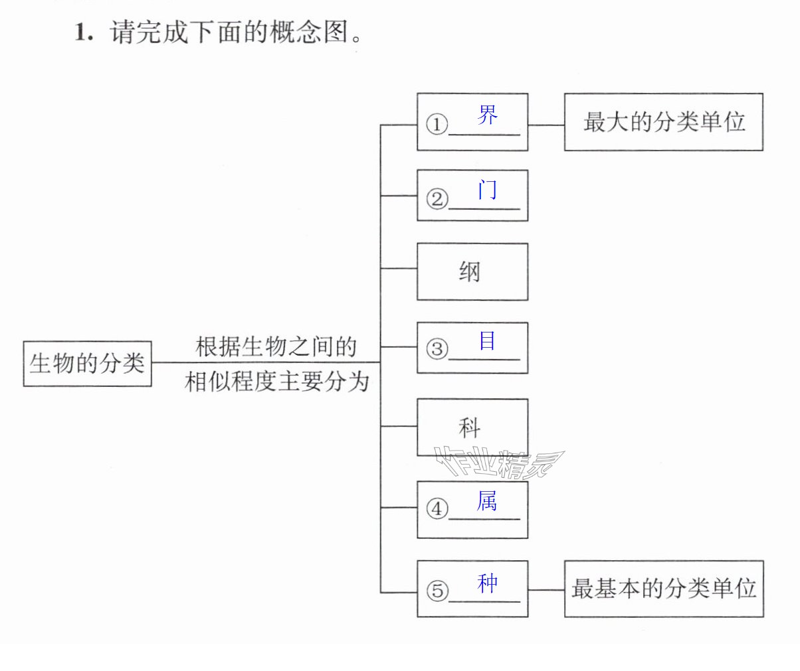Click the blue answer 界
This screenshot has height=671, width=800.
pos(487,115)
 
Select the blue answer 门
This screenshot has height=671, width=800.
pos(487,190)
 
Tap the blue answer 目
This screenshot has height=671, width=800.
pos(487,340)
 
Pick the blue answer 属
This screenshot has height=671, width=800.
pos(487,500)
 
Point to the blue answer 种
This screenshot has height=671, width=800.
pos(487,583)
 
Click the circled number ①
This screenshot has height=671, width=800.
pos(437,124)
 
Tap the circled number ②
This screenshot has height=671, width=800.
pos(437,199)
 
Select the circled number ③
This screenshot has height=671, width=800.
pos(437,349)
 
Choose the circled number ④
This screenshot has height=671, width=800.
pos(437,509)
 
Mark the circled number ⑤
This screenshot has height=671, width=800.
pos(437,590)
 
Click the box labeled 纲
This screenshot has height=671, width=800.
pos(472,271)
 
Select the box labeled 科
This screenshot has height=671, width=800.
pos(472,427)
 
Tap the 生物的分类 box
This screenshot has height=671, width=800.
pos(87,364)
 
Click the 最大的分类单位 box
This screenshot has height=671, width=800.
pos(664,121)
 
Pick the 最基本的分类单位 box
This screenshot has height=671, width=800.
pos(664,589)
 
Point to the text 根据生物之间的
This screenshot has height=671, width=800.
pos(276,346)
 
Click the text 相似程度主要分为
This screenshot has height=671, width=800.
pos(276,382)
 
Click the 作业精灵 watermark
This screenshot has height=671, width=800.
pos(499,462)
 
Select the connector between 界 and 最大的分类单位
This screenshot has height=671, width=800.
pos(546,125)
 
